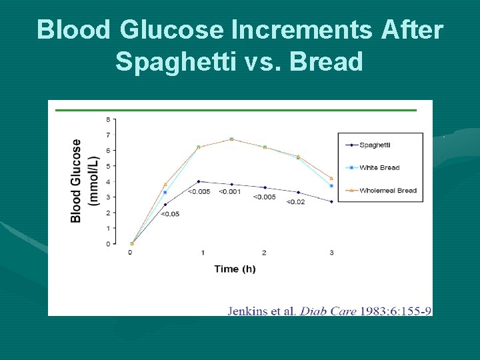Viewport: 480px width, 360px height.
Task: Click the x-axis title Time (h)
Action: point(235,269)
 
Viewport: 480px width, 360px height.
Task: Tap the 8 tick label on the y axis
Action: point(108,120)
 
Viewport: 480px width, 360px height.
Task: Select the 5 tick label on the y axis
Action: point(108,166)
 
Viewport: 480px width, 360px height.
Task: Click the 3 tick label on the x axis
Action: point(332,253)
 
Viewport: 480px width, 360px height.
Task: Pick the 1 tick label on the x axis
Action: point(203,253)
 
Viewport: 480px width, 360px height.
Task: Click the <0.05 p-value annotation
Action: point(170,213)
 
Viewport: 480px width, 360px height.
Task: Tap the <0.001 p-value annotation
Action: point(229,192)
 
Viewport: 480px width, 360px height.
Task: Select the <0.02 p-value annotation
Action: point(297,201)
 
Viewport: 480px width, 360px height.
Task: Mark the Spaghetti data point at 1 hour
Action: point(199,181)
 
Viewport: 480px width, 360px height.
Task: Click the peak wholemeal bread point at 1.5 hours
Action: point(231,139)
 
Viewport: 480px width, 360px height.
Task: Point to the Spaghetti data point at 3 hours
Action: point(332,201)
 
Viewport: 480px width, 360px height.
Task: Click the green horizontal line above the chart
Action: point(237,110)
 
